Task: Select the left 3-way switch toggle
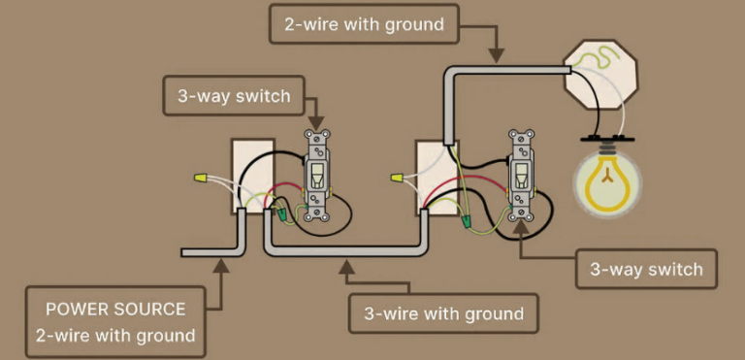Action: point(316,176)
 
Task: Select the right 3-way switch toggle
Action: point(521,176)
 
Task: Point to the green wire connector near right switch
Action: point(466,222)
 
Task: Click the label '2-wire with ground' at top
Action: point(365,24)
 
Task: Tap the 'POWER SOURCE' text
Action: point(115,310)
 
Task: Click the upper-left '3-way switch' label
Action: point(233,96)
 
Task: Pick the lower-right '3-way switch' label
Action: point(646,269)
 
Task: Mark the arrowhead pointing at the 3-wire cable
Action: point(345,264)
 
